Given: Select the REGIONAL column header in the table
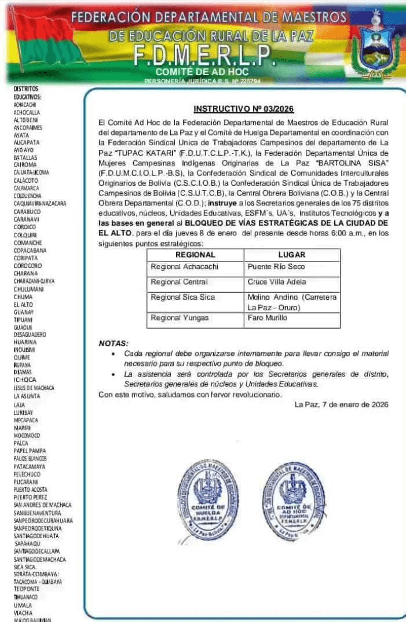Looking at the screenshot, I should coord(195,255).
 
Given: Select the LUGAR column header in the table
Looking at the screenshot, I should coord(291,255).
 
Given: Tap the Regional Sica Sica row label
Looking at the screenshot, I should coord(182,297).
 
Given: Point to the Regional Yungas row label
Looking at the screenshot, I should coord(180,318).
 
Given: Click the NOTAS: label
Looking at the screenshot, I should coord(114,343).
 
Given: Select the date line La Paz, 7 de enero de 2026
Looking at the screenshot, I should coord(341,404).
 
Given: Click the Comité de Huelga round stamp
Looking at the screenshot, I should coord(207,500).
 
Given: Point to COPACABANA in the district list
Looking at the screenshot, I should coord(30,250).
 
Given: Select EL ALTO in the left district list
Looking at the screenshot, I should coord(24,304).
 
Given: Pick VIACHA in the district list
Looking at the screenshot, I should coord(23,612).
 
